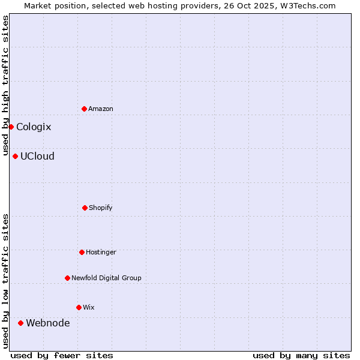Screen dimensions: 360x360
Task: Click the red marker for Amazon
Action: pos(84,109)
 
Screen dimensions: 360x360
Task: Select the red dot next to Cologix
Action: pos(11,127)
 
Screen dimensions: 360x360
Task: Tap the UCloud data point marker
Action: pos(15,156)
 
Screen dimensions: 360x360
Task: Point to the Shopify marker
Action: pos(85,208)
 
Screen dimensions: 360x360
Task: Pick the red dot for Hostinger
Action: pos(82,252)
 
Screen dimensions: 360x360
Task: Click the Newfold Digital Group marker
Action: pos(67,278)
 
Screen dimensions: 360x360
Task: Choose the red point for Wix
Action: pos(79,307)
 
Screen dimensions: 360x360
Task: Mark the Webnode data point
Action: pos(20,323)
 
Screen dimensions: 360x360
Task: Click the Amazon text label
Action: pos(101,109)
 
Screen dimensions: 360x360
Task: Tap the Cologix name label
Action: pos(34,127)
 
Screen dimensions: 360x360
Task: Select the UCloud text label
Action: pos(37,156)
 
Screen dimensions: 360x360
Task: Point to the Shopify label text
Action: pos(101,208)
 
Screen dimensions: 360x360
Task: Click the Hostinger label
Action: pos(101,252)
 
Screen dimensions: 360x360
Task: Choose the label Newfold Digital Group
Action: pos(106,278)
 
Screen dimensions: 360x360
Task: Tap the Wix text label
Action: pos(89,307)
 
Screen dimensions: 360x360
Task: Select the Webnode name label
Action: pos(47,323)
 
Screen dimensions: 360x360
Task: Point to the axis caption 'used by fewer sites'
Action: pos(62,355)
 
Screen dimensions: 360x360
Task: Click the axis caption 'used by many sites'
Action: pos(301,355)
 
